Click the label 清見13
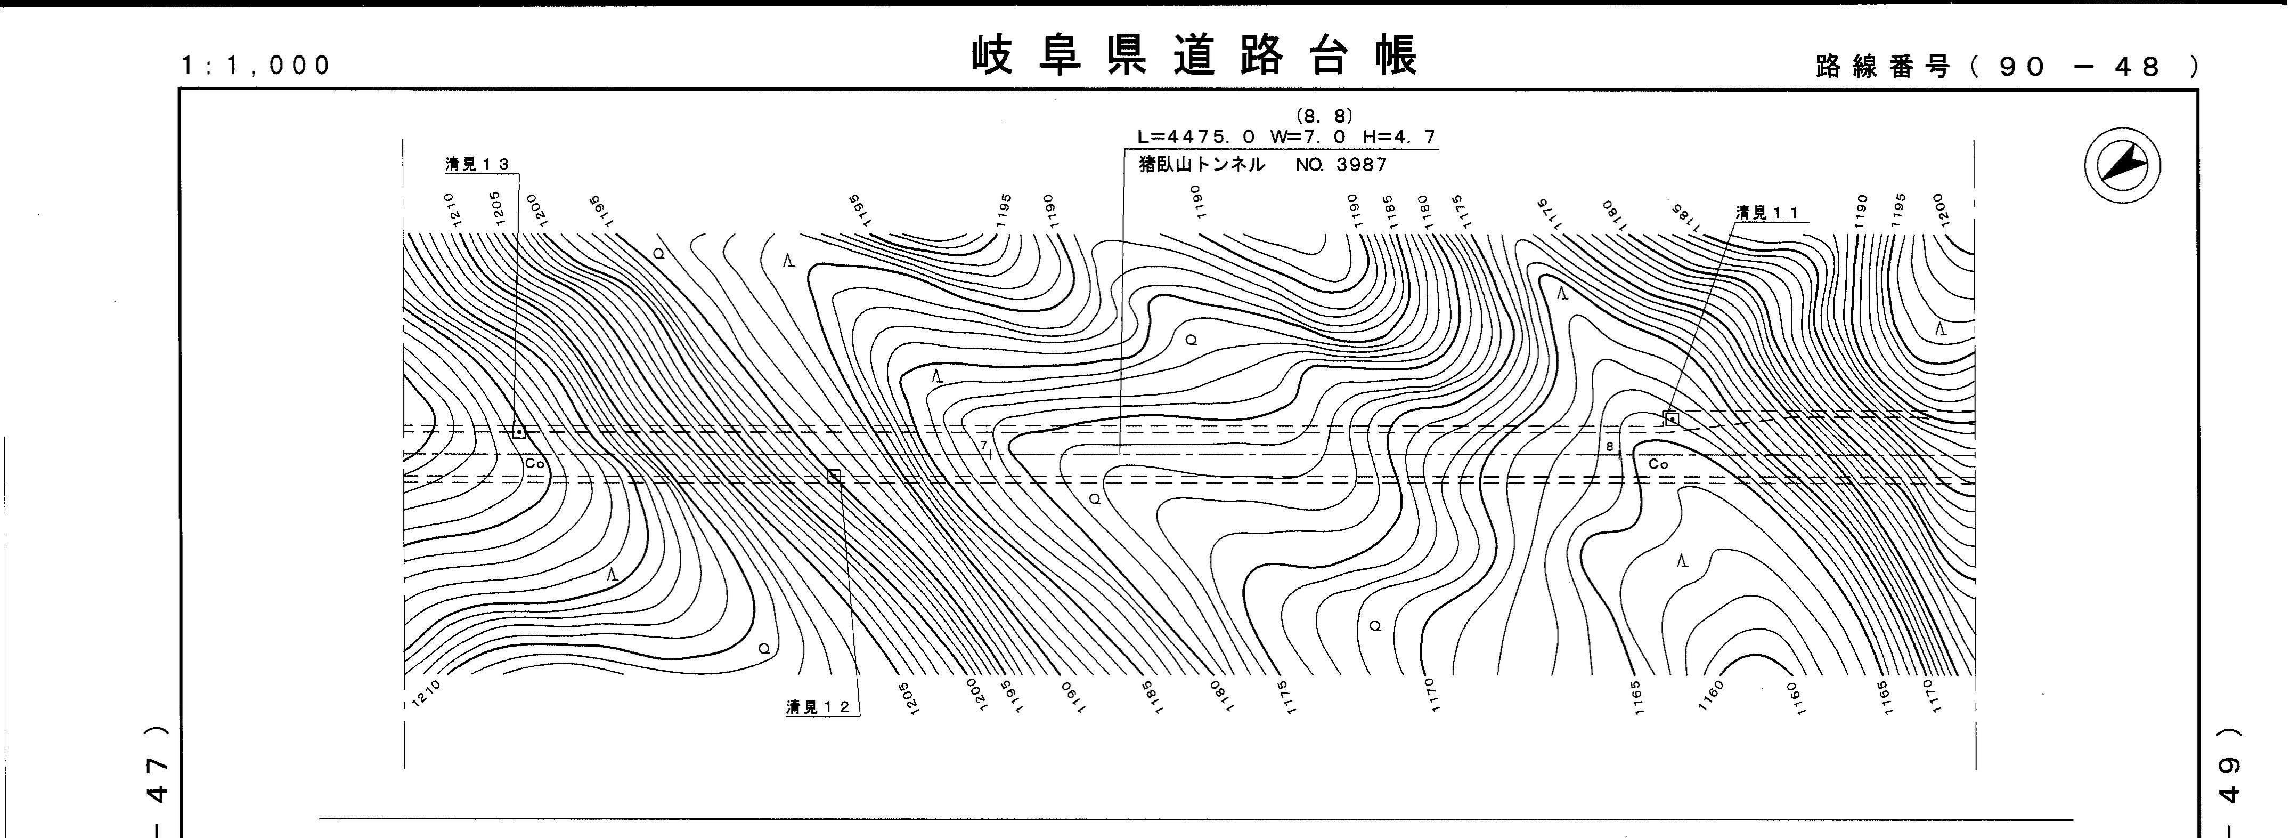point(477,165)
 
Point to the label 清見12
point(818,707)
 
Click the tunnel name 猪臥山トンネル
point(1201,165)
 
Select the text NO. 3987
point(1341,165)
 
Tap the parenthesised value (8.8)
point(1325,116)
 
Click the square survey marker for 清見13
point(519,431)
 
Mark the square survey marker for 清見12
point(834,476)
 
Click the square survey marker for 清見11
point(1671,418)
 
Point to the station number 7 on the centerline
point(984,445)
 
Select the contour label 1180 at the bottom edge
point(1217,694)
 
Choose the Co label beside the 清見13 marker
point(534,463)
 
